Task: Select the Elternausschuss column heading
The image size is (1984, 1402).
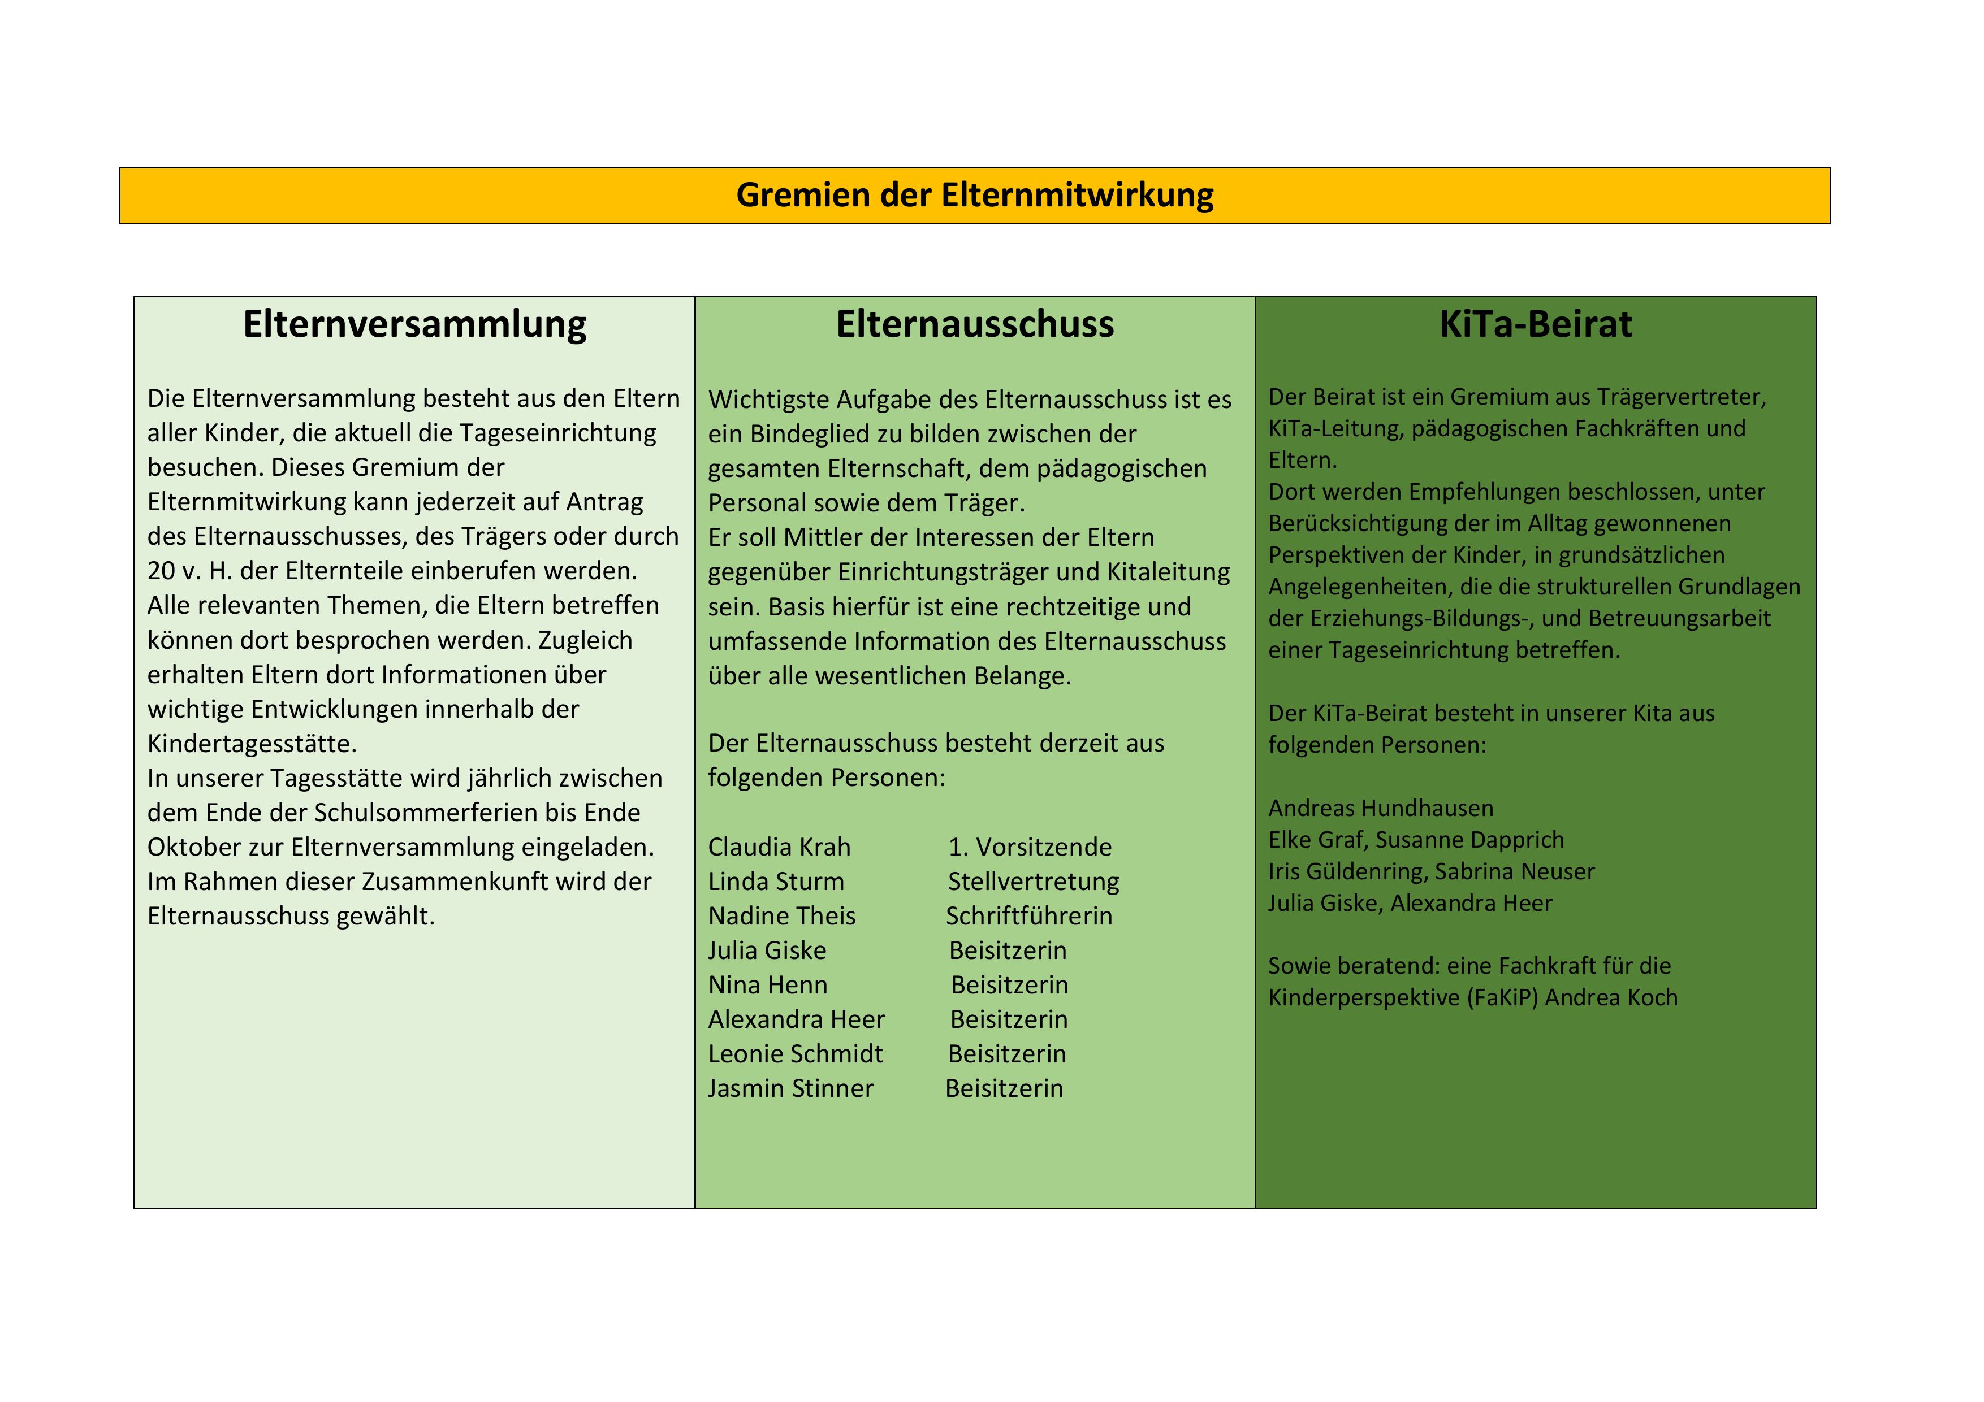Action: point(975,325)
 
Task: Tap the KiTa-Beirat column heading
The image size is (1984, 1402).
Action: point(1536,325)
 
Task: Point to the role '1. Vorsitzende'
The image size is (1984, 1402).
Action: point(1029,848)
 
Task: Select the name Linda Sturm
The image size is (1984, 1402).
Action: point(775,882)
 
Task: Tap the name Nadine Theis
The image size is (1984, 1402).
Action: point(781,917)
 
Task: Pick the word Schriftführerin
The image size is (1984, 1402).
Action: point(1028,917)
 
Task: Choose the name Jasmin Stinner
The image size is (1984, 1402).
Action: point(790,1090)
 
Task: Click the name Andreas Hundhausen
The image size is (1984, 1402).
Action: point(1380,809)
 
